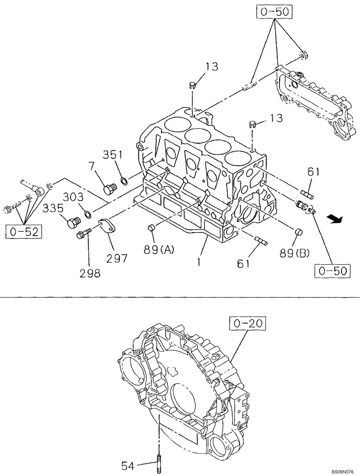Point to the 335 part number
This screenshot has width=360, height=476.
coord(54,208)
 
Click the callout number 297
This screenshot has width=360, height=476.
coord(117,258)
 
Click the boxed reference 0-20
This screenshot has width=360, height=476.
coord(248,324)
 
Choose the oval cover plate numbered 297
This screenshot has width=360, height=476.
coord(108,226)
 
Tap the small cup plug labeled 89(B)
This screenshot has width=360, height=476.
coord(299,232)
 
